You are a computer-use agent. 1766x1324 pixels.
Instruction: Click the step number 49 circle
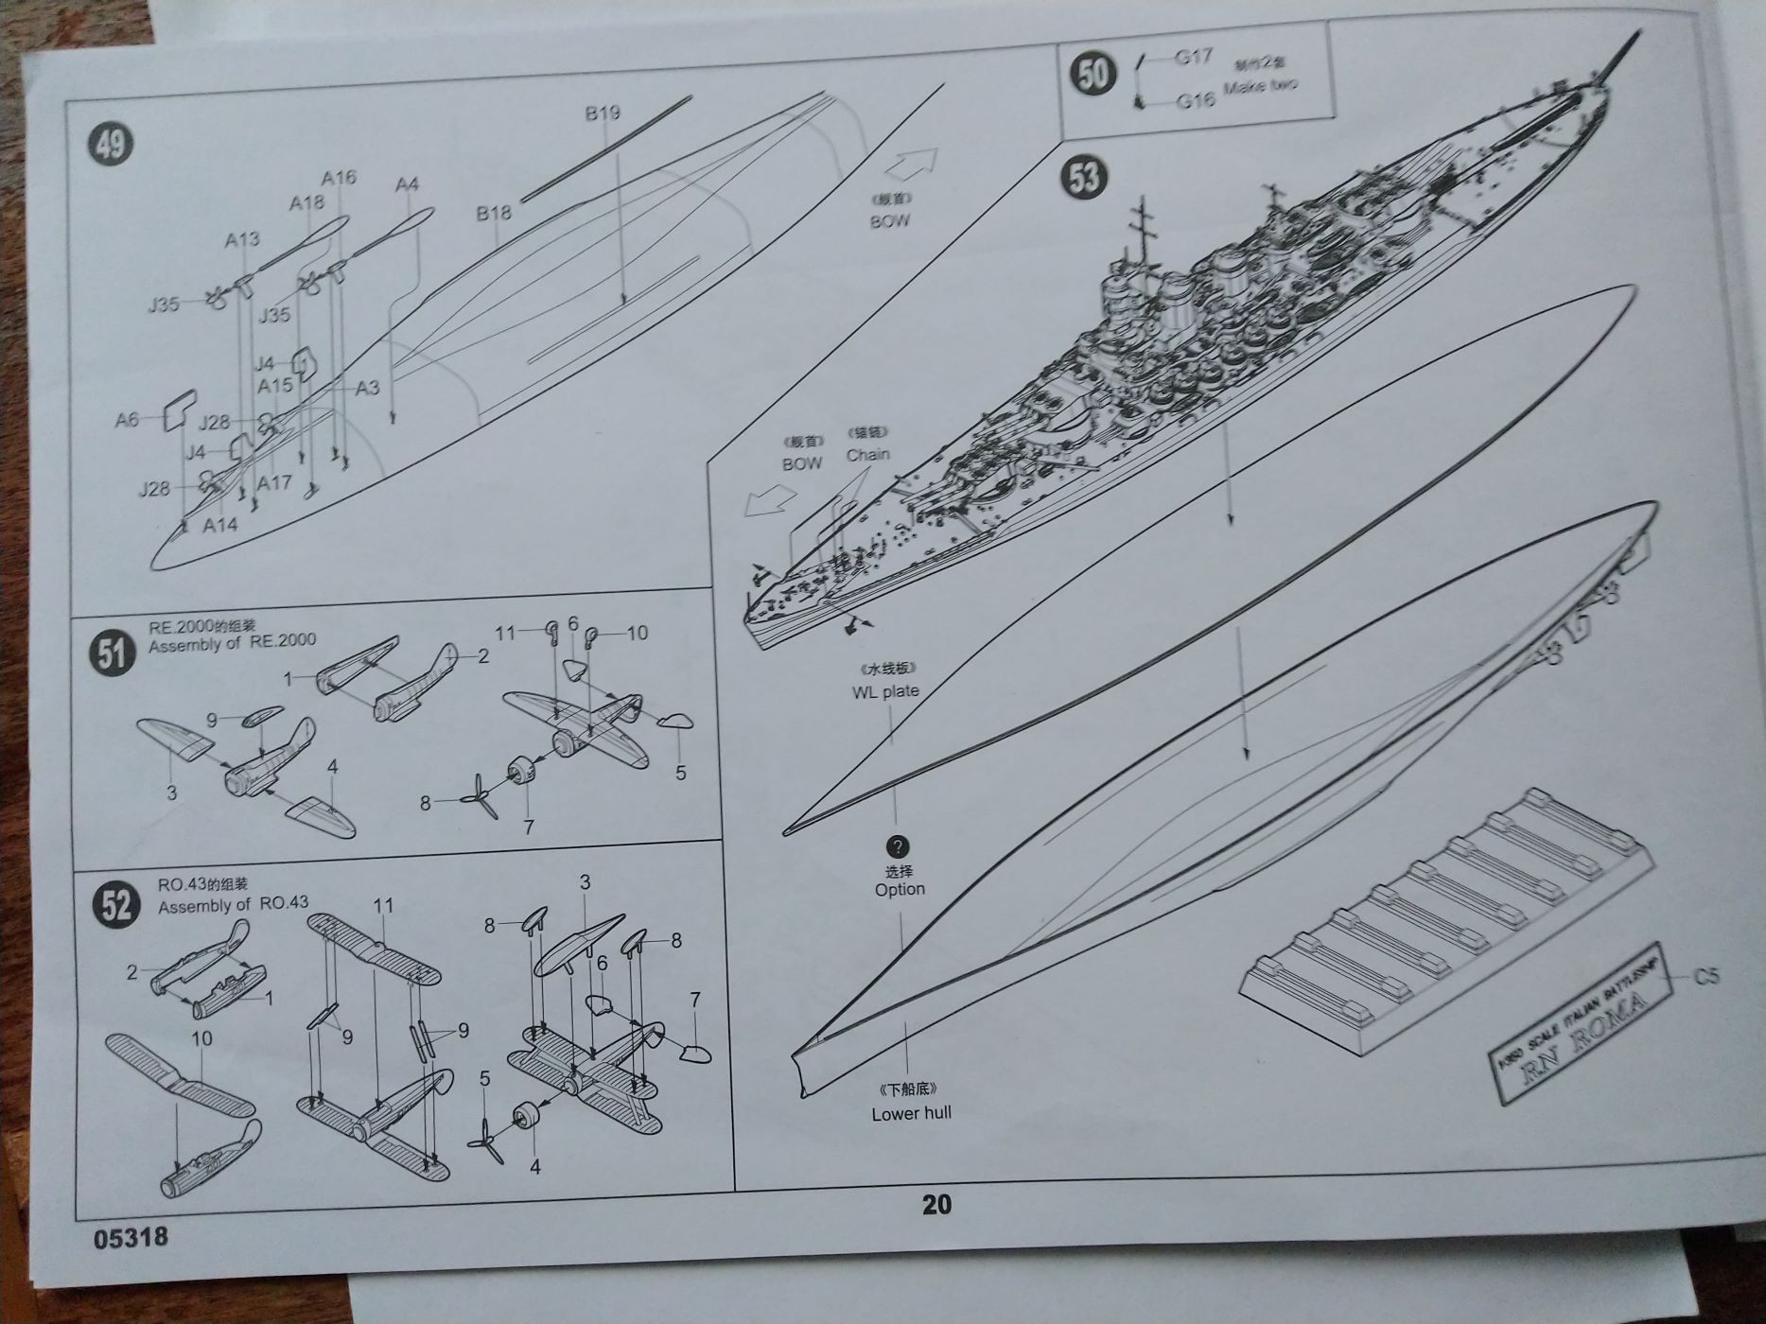pos(111,145)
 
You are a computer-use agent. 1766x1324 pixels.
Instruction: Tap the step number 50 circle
pos(1093,73)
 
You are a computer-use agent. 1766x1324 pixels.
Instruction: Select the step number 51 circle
pos(112,653)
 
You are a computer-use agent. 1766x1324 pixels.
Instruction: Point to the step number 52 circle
pos(116,904)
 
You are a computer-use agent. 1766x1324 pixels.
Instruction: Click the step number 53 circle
pos(1085,176)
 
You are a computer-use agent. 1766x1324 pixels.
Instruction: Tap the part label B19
pos(603,113)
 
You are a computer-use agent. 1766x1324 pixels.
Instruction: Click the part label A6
pos(127,419)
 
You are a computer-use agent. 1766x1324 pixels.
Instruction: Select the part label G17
pos(1194,57)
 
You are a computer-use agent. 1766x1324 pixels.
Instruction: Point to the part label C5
pos(1705,976)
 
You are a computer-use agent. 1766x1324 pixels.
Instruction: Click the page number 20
pos(936,1204)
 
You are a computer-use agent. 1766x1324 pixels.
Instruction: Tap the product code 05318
pos(131,1237)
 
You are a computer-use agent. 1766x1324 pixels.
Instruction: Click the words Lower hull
pos(911,1113)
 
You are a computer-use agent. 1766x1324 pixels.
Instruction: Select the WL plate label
pos(885,691)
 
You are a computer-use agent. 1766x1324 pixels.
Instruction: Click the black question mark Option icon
pos(898,846)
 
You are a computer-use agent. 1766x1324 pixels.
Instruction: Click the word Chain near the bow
pos(867,454)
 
